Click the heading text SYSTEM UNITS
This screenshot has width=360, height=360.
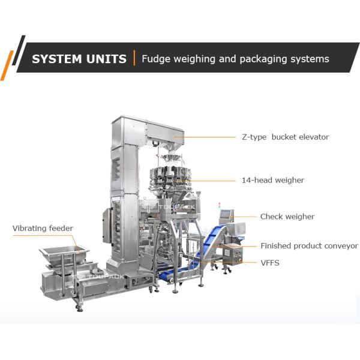tap(79, 59)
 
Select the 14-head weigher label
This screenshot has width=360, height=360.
tap(281, 180)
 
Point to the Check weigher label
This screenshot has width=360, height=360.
tap(287, 217)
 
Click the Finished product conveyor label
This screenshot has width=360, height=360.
tap(309, 246)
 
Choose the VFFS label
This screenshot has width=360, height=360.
tap(269, 263)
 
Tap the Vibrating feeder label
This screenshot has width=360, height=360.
tap(43, 228)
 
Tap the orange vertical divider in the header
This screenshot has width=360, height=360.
tap(135, 58)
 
